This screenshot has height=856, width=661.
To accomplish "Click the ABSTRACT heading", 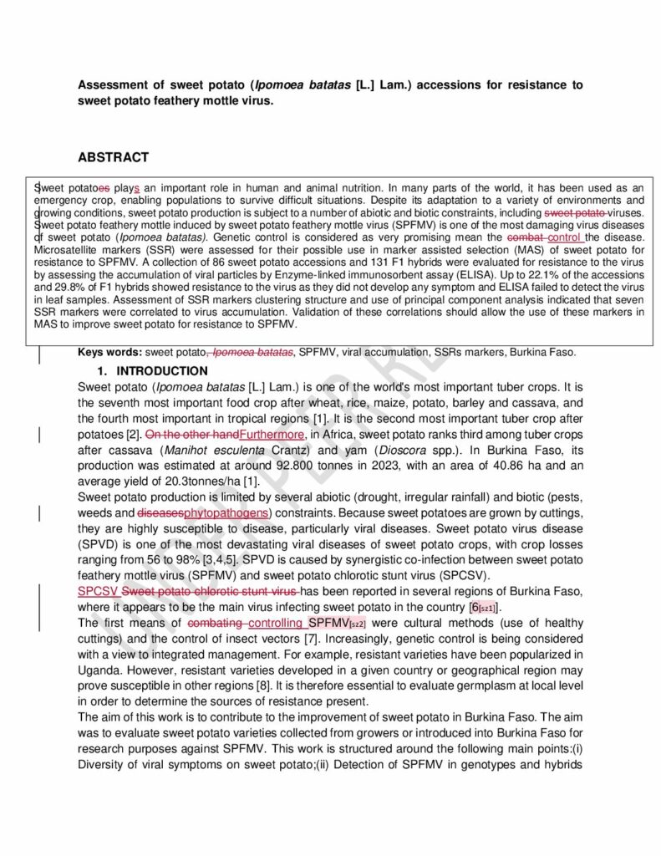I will click(113, 157).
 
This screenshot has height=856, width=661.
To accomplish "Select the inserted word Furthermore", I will click(272, 435).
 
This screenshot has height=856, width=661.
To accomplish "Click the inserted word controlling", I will click(276, 624).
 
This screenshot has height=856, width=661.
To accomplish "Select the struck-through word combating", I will click(216, 624).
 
